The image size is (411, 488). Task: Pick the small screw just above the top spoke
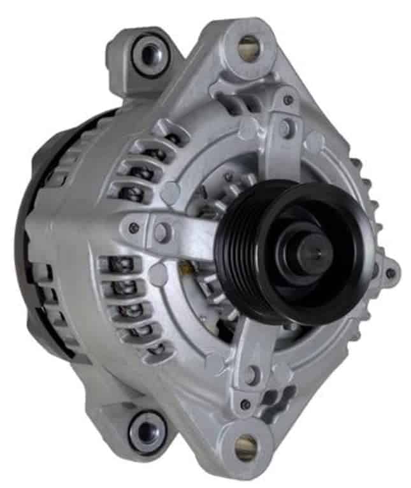[x=289, y=100]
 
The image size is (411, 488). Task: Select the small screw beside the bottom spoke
[x=245, y=404]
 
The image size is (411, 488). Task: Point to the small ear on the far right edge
[x=390, y=272]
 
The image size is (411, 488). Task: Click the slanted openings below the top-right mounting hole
[x=233, y=96]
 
